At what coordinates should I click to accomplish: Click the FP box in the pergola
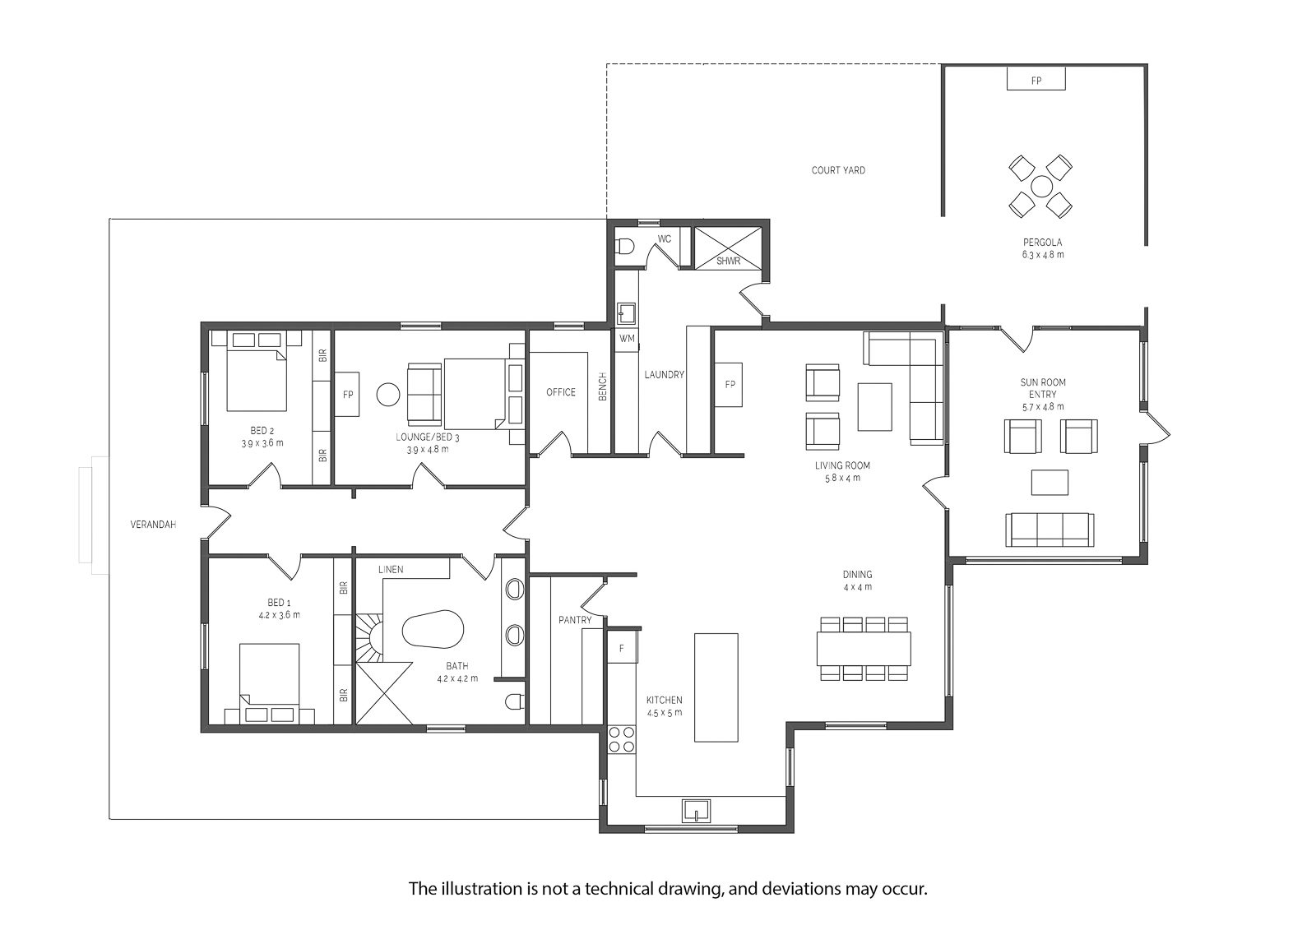tap(1036, 80)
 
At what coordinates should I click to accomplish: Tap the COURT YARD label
tap(838, 170)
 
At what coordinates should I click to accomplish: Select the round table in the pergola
tap(1040, 186)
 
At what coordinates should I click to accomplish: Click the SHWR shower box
tap(729, 248)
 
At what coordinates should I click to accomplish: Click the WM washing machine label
tap(627, 338)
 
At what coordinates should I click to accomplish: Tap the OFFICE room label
tap(561, 392)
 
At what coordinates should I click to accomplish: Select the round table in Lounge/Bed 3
tap(388, 395)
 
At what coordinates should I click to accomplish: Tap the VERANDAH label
tap(154, 524)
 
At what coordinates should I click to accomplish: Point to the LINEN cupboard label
tap(391, 569)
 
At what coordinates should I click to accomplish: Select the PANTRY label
tap(575, 620)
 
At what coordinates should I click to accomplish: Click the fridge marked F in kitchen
tap(622, 648)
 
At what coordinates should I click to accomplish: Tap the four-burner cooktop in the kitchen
tap(621, 739)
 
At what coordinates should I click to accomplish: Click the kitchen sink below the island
tap(696, 810)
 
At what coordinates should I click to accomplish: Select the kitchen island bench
tap(716, 687)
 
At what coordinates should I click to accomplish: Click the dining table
tap(864, 648)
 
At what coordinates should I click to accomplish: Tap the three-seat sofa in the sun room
tap(1050, 530)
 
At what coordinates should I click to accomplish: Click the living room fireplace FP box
tap(729, 384)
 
